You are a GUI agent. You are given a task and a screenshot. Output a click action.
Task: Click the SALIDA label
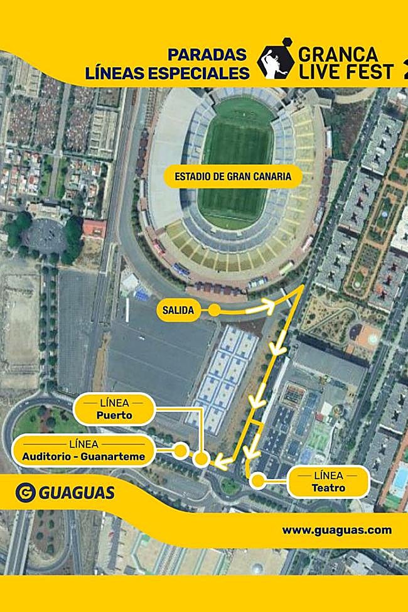[178, 309]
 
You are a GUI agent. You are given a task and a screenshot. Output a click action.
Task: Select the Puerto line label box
[114, 409]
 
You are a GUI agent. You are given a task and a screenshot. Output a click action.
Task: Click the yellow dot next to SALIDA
[214, 310]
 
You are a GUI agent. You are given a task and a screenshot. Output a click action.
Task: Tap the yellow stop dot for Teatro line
[257, 481]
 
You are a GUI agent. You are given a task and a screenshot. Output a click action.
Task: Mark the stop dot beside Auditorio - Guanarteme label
[180, 450]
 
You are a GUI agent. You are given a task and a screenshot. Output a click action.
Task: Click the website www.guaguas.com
[336, 530]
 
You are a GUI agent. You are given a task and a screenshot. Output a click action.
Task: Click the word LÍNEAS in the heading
[115, 73]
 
